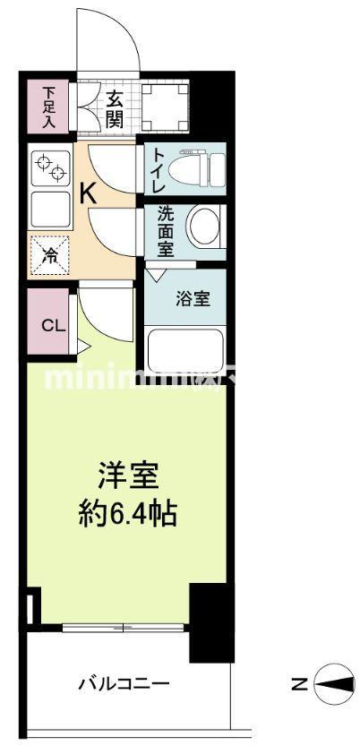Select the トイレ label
(159, 166)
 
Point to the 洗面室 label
(166, 231)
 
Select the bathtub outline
(187, 345)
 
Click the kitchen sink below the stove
(50, 210)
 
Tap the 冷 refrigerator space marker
(50, 254)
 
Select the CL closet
(51, 324)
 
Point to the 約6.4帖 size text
(125, 514)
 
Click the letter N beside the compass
(300, 686)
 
